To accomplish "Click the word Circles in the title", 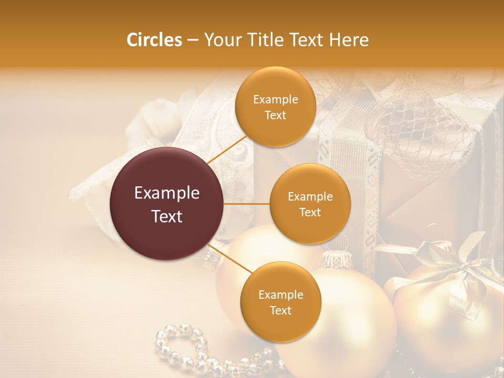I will click(x=154, y=39).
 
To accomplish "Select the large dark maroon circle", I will click(x=166, y=204).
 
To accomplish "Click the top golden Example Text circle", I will click(x=276, y=107).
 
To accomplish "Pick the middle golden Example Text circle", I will click(x=310, y=204).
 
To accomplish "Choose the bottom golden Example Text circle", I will click(x=280, y=302).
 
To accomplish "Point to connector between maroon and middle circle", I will click(x=247, y=204).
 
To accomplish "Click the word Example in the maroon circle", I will click(x=167, y=193).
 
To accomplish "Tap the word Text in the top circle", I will click(x=276, y=115).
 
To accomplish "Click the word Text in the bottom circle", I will click(x=280, y=311).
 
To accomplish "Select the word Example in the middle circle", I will click(x=310, y=197).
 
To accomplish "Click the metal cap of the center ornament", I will click(x=336, y=258).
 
